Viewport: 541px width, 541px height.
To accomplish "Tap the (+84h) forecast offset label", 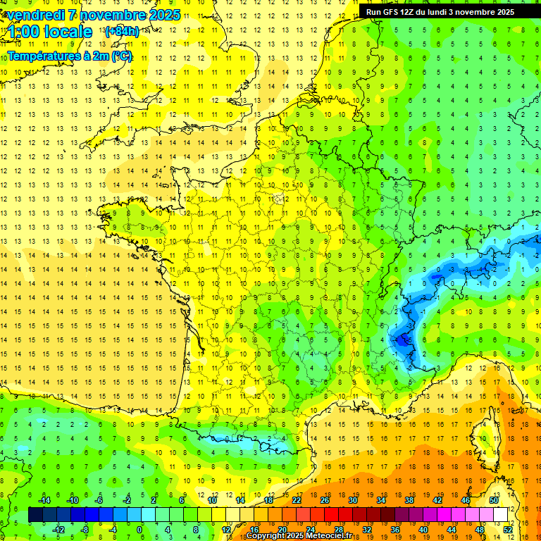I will pos(121,32).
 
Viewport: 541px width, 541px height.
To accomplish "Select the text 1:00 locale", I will pos(50,32).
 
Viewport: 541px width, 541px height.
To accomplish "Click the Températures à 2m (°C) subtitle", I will pos(70,56).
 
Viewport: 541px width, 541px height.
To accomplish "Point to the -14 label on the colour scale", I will pos(44,500).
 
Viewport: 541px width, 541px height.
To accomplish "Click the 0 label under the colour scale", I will pos(139,530).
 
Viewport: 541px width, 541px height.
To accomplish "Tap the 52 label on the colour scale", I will pos(508,530).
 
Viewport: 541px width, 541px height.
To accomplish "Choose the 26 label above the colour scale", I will pos(325,500).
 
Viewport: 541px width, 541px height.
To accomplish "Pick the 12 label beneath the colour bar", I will pos(226,530).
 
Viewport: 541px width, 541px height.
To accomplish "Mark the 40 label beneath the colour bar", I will pos(423,530).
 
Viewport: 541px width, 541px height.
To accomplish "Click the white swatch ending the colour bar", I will pos(501,515).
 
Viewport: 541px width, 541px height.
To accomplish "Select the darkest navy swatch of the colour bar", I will pos(35,515).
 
